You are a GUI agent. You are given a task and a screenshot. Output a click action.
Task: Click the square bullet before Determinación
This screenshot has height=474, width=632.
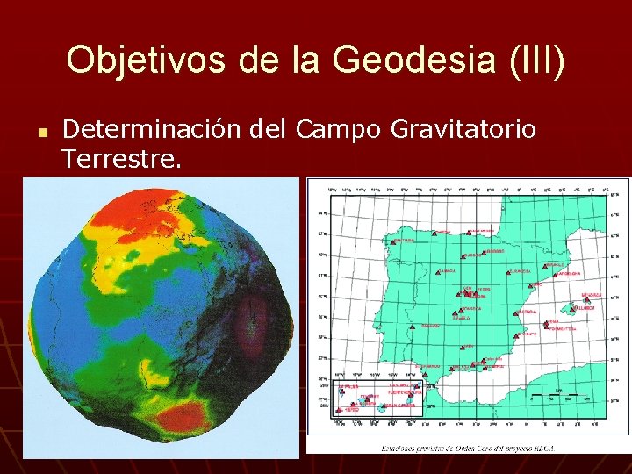(x=41, y=132)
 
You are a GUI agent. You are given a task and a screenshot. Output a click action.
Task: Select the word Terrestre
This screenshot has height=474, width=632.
(x=122, y=159)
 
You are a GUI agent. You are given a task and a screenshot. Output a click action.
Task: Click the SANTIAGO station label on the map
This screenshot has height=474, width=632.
(x=405, y=240)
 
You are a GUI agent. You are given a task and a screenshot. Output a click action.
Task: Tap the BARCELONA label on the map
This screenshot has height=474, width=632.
(x=568, y=274)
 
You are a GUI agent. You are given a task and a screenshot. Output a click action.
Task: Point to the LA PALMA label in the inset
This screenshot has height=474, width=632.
(x=349, y=386)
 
